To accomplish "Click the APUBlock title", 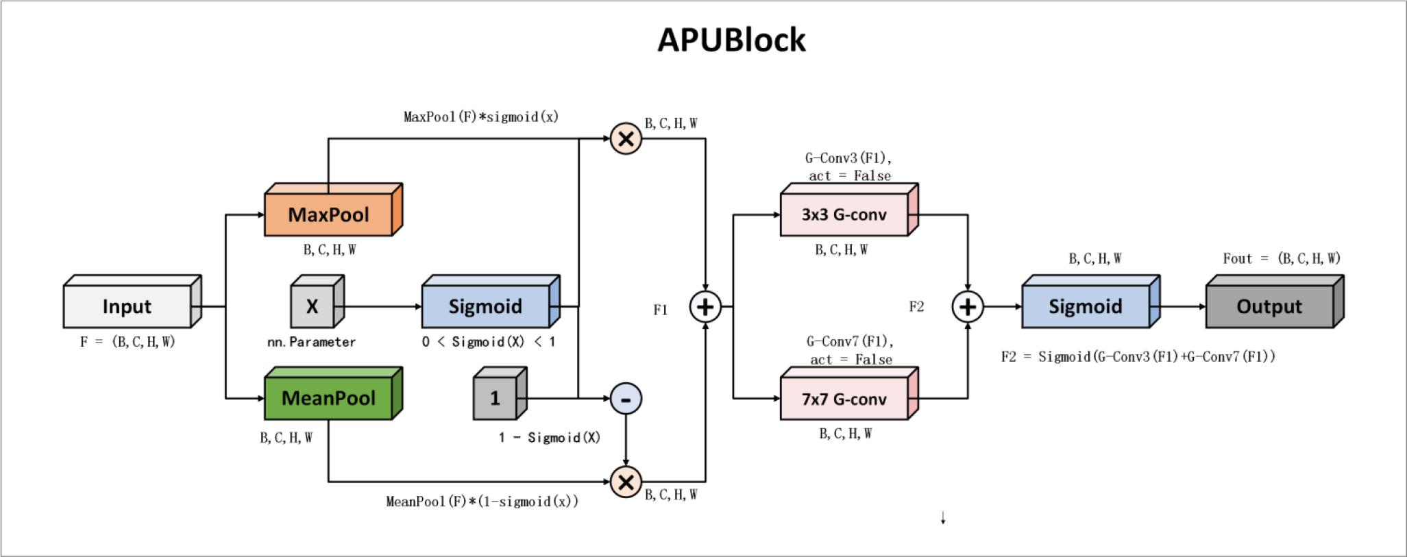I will point(731,40).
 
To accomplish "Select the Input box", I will point(127,306).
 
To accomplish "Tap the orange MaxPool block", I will point(329,214).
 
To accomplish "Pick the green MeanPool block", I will point(329,398).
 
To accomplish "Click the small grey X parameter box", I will point(313,306).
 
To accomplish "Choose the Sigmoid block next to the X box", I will point(485,306).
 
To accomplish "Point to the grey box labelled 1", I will point(495,398).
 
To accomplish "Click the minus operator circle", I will point(626,399).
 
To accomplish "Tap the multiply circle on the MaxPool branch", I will point(626,139).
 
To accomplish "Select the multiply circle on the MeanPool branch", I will point(626,482).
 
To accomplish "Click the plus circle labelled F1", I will point(705,307).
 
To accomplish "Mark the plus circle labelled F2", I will point(968,307).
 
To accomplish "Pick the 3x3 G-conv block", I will point(844,214).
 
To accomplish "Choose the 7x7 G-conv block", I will point(844,399).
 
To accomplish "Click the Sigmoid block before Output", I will point(1086,306).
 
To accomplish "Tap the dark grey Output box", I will point(1269,306).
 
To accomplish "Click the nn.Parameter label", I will point(312,342).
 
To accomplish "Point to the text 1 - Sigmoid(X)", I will point(550,438).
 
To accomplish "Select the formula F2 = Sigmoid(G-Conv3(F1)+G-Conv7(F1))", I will point(1138,356).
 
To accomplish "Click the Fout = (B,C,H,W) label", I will point(1282,258).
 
